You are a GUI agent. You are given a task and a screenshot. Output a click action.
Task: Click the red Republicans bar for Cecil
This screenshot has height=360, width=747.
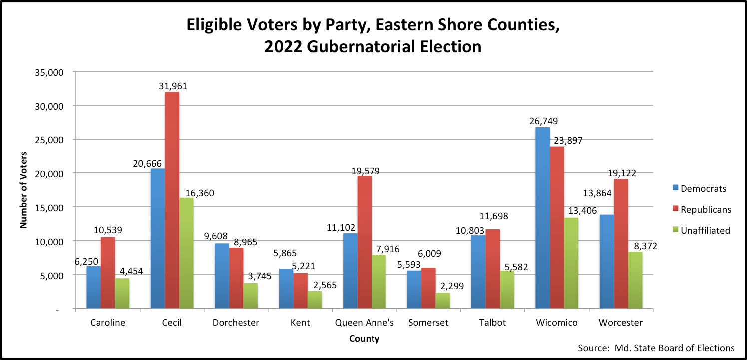(172, 200)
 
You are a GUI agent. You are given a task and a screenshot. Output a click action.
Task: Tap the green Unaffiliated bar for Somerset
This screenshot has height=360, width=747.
(442, 301)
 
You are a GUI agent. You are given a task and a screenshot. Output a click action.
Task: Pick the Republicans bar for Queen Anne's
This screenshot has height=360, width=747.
(365, 242)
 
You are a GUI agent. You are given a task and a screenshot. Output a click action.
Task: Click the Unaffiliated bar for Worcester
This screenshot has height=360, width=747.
(635, 280)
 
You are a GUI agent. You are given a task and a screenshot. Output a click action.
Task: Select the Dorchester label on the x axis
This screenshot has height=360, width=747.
(236, 323)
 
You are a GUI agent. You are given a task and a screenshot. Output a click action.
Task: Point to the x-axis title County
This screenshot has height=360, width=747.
(364, 339)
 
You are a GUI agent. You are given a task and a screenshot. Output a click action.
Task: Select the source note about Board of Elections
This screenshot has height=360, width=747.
(656, 348)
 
